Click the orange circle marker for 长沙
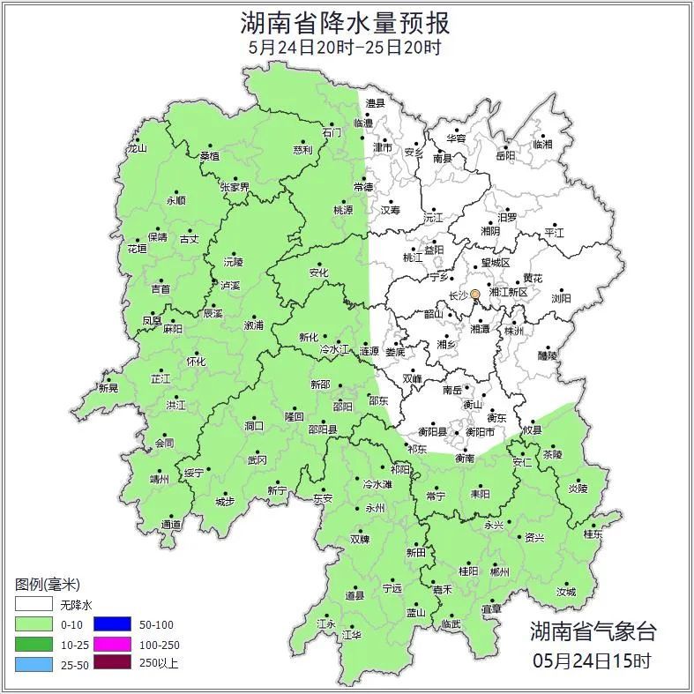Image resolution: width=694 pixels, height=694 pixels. tap(475, 294)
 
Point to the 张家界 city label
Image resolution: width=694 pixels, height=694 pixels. tap(235, 187)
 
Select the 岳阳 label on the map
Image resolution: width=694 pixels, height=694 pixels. tap(504, 156)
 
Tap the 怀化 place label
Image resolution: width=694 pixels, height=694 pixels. tap(196, 362)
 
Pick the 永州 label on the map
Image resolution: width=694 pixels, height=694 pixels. tap(375, 509)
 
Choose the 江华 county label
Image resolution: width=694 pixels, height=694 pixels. tap(352, 634)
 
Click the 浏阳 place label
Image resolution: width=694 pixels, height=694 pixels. tap(561, 299)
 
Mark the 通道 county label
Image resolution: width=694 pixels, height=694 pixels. tap(171, 525)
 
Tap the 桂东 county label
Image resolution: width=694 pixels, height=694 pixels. tap(593, 534)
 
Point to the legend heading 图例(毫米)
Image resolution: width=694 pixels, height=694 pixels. tap(48, 585)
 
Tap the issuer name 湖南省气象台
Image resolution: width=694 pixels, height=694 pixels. tap(593, 631)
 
